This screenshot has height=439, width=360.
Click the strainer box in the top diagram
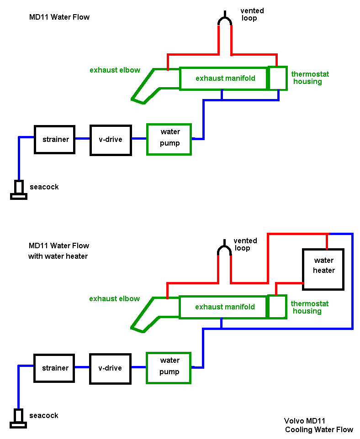coord(55,139)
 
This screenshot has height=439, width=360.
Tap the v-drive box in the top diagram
coord(111,140)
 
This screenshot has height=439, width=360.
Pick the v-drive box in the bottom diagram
coord(110,368)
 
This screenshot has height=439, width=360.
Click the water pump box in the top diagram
coord(169,139)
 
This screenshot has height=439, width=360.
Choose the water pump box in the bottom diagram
coord(168,367)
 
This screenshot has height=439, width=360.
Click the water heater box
coord(323,269)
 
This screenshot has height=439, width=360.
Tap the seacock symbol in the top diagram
coord(19,190)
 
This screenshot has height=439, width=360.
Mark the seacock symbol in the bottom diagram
coord(19,418)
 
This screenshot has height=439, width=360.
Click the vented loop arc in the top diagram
coord(225,20)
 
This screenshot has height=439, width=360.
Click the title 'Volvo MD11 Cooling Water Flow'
coord(318,425)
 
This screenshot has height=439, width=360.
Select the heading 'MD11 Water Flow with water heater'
coord(58,251)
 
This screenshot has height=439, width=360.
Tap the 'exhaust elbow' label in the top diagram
coord(115,70)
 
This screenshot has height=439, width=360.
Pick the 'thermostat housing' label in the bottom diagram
coord(309,307)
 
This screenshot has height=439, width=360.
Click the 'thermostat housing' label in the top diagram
coord(310,78)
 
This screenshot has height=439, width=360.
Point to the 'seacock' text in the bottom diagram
coord(44,416)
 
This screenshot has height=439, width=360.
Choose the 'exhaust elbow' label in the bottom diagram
coord(114,299)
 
